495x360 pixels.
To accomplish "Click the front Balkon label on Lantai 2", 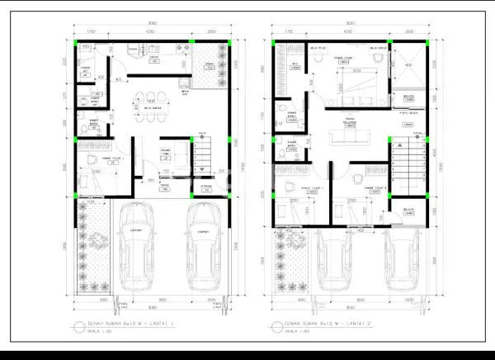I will click(x=408, y=211).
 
